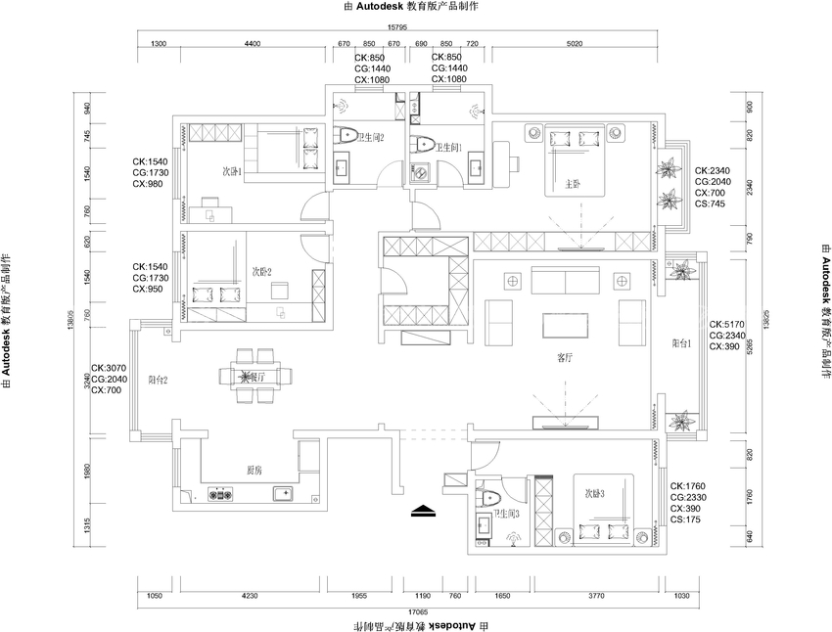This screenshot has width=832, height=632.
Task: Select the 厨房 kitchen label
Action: tap(254, 471)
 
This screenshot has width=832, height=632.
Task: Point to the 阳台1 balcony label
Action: tap(682, 343)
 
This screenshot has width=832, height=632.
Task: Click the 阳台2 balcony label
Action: tap(159, 380)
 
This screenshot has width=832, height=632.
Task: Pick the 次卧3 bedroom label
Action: tap(595, 494)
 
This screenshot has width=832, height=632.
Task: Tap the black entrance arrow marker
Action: tap(422, 510)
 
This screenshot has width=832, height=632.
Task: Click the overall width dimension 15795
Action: tap(396, 28)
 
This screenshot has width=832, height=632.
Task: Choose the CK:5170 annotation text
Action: tap(729, 324)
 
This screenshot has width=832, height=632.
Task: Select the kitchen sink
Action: tap(283, 493)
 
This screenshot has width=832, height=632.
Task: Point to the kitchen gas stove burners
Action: tap(221, 494)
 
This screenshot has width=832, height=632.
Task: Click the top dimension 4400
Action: tap(252, 44)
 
